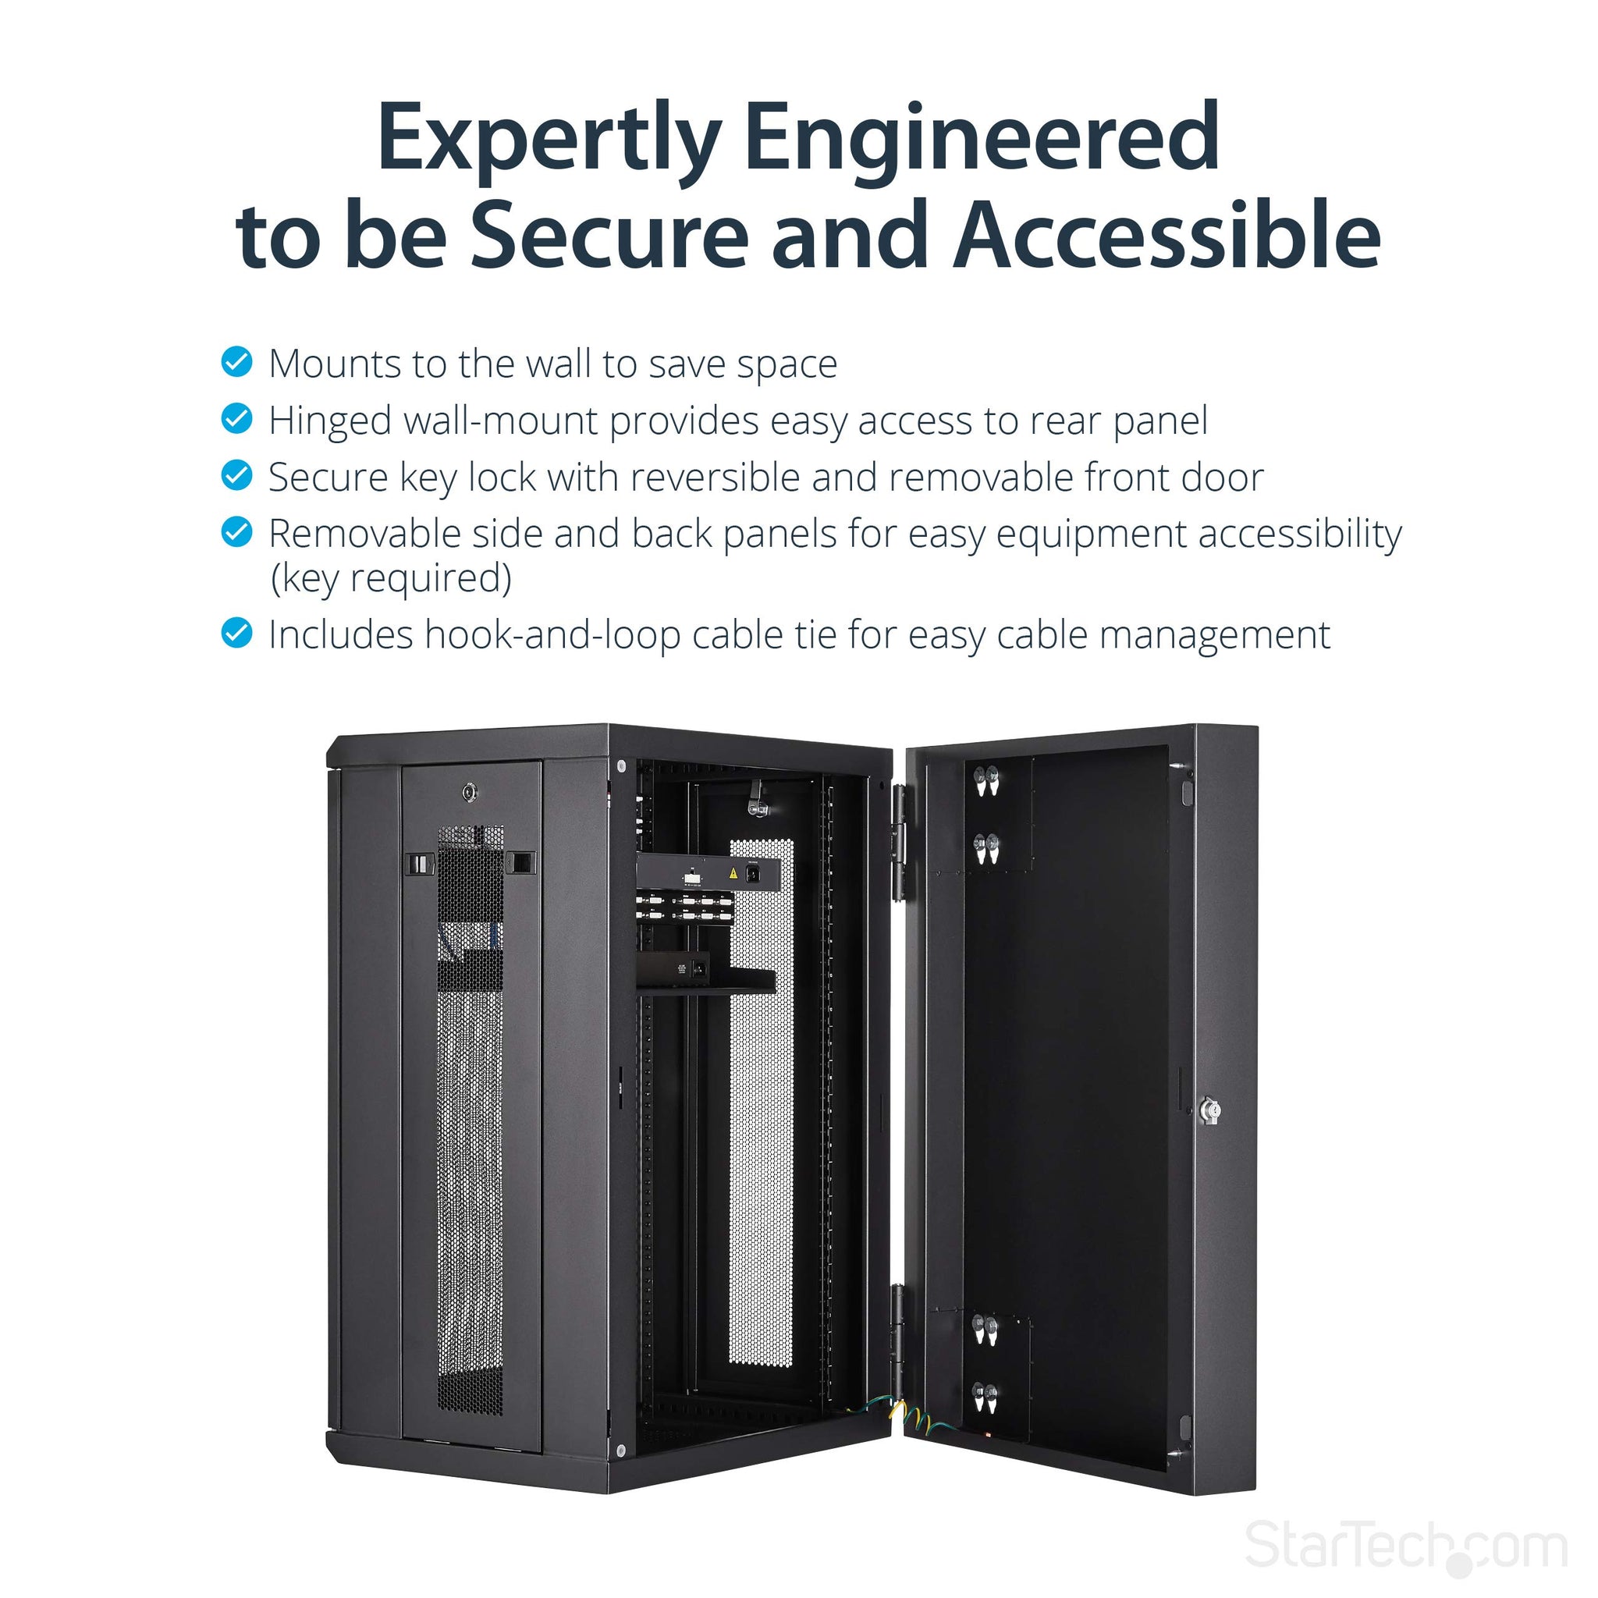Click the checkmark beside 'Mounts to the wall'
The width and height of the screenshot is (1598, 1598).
[236, 362]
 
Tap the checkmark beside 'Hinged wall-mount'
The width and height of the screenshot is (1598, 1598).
[236, 418]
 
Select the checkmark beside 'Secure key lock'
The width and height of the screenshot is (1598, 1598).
[236, 476]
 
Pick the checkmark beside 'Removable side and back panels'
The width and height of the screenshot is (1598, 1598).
[236, 532]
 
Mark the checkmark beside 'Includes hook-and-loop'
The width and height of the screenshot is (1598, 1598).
[236, 634]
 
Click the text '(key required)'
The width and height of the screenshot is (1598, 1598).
[391, 578]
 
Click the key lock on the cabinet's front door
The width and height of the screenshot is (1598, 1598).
[470, 793]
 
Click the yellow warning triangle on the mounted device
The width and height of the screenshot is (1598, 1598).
[733, 872]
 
